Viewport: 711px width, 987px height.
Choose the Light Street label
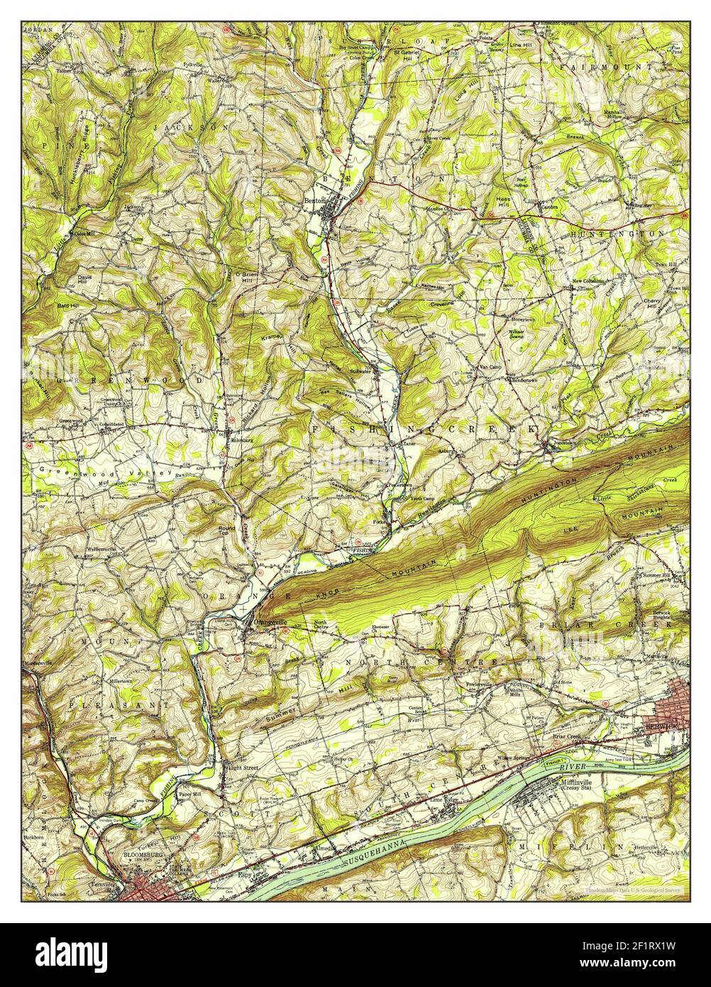(x=243, y=768)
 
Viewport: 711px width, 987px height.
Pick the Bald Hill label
(x=69, y=305)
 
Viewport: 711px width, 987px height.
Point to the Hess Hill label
(x=503, y=202)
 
